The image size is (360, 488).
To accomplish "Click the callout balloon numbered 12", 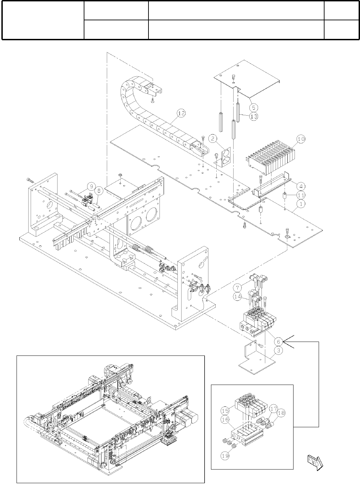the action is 181,113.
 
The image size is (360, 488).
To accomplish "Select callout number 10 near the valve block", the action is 301,139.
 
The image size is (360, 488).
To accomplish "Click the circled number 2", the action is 213,139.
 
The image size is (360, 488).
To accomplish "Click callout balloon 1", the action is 301,204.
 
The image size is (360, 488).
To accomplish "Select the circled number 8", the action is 99,190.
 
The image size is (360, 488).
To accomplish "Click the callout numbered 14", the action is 238,297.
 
